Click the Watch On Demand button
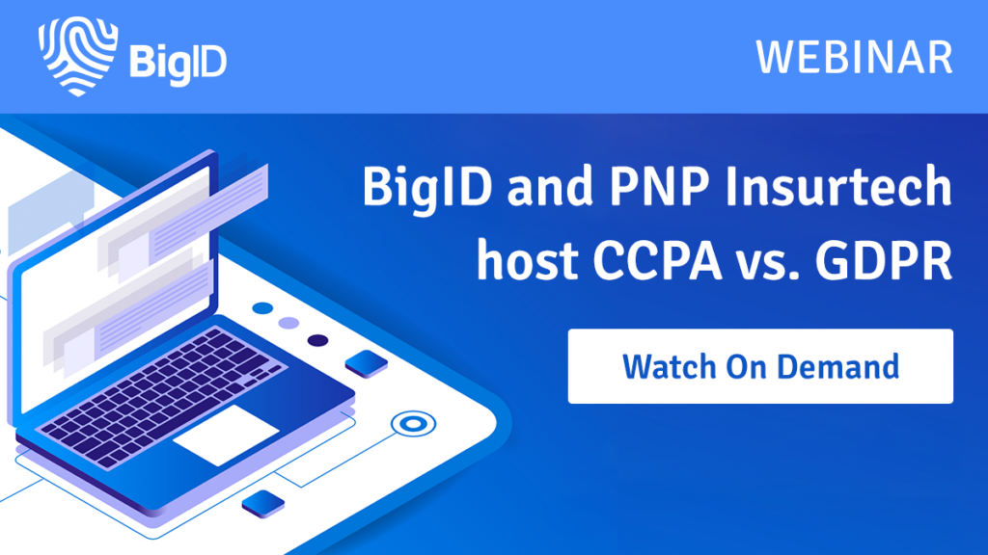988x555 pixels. pyautogui.click(x=760, y=365)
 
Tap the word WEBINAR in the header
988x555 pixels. pyautogui.click(x=855, y=57)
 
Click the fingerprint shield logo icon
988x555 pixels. pyautogui.click(x=77, y=56)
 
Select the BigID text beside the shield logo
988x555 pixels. pyautogui.click(x=178, y=63)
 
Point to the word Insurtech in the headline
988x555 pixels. pyautogui.click(x=838, y=186)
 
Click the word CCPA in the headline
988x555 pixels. pyautogui.click(x=656, y=260)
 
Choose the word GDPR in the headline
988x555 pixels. pyautogui.click(x=884, y=260)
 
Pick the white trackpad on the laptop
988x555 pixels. pyautogui.click(x=226, y=435)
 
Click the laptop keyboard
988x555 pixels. pyautogui.click(x=162, y=396)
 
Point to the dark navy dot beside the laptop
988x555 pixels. pyautogui.click(x=317, y=340)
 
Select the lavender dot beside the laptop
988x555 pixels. pyautogui.click(x=288, y=324)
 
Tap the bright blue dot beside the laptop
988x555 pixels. pyautogui.click(x=262, y=308)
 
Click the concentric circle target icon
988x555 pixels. pyautogui.click(x=413, y=424)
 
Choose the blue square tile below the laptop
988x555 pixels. pyautogui.click(x=263, y=504)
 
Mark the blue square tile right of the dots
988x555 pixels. pyautogui.click(x=367, y=363)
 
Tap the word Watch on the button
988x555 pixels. pyautogui.click(x=669, y=366)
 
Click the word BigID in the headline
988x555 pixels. pyautogui.click(x=427, y=188)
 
